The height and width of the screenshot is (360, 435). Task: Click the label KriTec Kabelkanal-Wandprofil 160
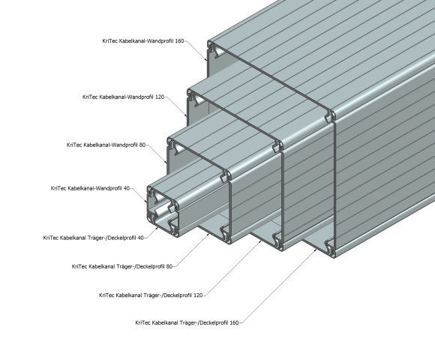click(143, 41)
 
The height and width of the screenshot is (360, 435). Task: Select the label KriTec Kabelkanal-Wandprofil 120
click(124, 97)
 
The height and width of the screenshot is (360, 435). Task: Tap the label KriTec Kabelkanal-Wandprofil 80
click(106, 145)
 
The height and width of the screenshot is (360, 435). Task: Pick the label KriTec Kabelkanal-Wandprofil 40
click(90, 188)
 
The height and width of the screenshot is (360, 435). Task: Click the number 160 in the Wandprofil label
click(180, 41)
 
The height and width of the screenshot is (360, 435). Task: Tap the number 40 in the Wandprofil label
click(127, 188)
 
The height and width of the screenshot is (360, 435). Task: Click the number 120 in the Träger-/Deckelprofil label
click(198, 295)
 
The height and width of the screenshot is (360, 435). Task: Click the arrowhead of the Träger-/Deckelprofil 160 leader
click(316, 250)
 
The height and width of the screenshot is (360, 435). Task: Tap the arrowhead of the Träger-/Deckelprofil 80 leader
click(208, 235)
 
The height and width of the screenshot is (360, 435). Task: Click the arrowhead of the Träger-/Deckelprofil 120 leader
click(260, 241)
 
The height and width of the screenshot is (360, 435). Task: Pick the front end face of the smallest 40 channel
click(163, 211)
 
